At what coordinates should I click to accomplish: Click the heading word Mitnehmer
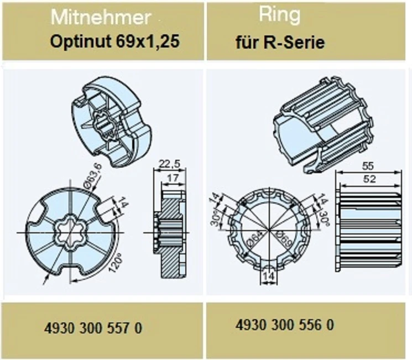point(101,18)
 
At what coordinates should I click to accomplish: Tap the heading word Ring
point(279,16)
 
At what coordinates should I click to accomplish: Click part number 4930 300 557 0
point(93,328)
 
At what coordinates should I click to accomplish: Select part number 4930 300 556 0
point(284,325)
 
